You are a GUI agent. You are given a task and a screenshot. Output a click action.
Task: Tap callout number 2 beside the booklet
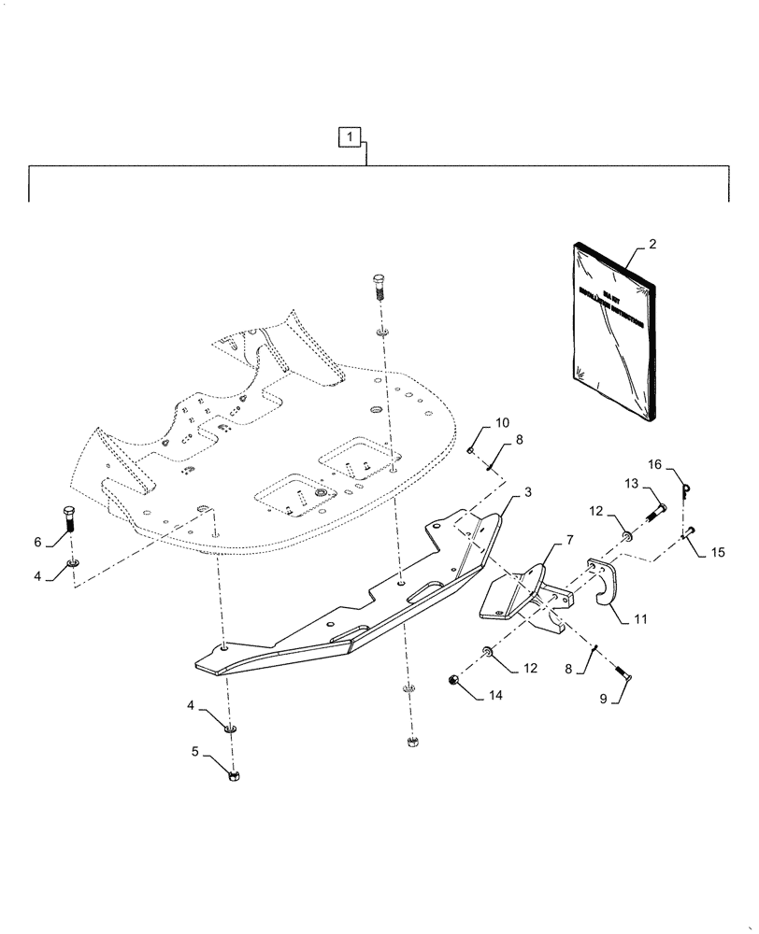652,244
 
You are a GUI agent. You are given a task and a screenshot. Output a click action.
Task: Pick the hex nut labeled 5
235,774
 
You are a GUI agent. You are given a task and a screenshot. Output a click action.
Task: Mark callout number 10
503,423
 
